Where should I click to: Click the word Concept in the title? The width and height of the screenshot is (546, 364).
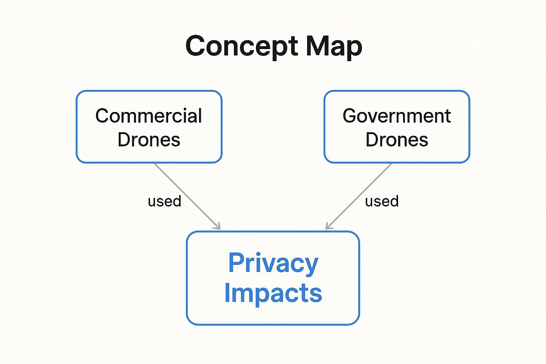tap(241, 47)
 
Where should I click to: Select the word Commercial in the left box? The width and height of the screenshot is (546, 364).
tap(149, 116)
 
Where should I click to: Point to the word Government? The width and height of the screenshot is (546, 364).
tap(397, 116)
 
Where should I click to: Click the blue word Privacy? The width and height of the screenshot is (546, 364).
tap(273, 264)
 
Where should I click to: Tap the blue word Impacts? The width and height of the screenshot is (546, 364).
tap(273, 293)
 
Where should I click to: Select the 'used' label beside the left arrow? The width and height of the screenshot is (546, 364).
tap(165, 201)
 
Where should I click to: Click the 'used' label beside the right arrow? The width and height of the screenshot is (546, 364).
tap(382, 201)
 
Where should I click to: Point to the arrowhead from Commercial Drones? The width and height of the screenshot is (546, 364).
tap(218, 226)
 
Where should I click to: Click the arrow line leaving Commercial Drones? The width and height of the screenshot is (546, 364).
tap(187, 197)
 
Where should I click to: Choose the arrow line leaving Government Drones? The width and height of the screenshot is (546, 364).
tap(359, 197)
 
